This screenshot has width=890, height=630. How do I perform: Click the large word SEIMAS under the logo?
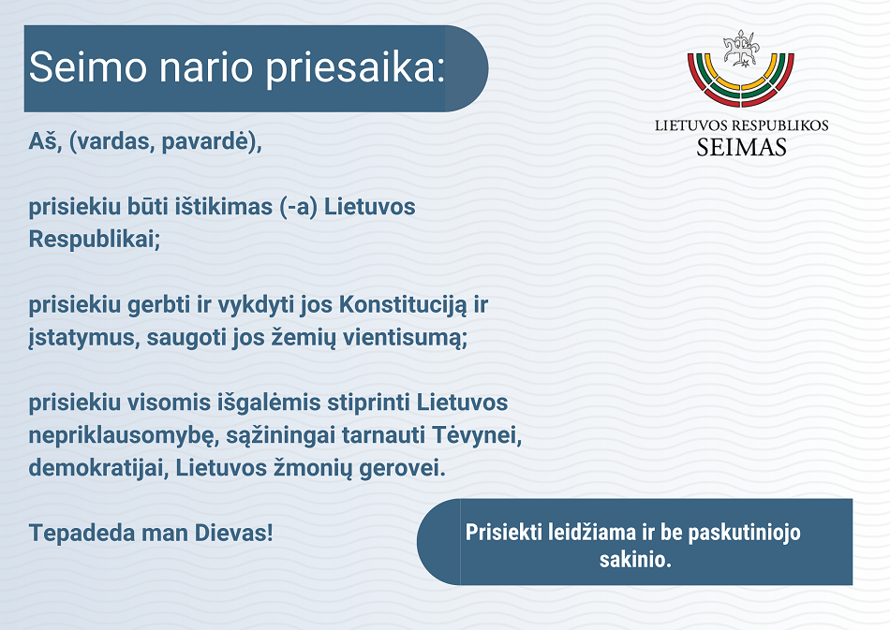pyautogui.click(x=741, y=147)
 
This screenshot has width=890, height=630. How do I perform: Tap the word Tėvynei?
pyautogui.click(x=477, y=435)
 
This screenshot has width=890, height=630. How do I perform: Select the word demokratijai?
pyautogui.click(x=98, y=468)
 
